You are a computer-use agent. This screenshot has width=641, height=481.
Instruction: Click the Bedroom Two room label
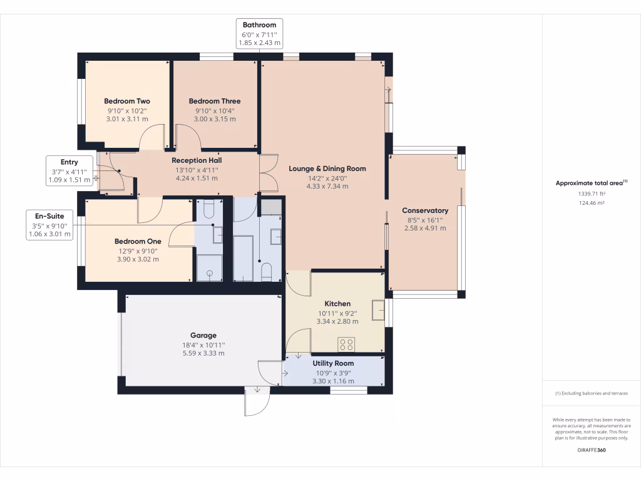pyautogui.click(x=127, y=101)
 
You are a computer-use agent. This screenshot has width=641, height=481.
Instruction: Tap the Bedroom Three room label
pyautogui.click(x=215, y=101)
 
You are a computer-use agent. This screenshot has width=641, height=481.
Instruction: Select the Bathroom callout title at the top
pyautogui.click(x=260, y=25)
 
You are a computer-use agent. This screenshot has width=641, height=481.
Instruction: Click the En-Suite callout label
pyautogui.click(x=50, y=216)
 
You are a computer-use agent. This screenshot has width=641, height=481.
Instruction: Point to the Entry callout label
pyautogui.click(x=69, y=162)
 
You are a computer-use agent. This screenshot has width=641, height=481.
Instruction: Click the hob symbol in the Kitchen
pyautogui.click(x=346, y=344)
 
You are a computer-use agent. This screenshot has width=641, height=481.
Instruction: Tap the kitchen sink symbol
pyautogui.click(x=377, y=309)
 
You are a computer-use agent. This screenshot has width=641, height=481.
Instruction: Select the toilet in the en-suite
pyautogui.click(x=209, y=208)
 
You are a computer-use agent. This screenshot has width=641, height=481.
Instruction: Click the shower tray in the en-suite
pyautogui.click(x=209, y=268)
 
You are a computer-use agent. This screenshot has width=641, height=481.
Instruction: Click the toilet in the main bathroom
pyautogui.click(x=266, y=271)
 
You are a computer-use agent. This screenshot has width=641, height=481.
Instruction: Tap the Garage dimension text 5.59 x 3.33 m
pyautogui.click(x=203, y=353)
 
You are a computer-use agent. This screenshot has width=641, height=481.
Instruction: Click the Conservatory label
pyautogui.click(x=425, y=211)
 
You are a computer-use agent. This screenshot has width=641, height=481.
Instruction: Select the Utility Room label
pyautogui.click(x=333, y=363)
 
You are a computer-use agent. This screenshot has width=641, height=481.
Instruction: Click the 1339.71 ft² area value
pyautogui.click(x=591, y=194)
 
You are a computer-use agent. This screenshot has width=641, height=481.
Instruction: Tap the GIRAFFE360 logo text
pyautogui.click(x=591, y=450)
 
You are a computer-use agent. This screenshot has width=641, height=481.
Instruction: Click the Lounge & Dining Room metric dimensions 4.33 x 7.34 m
pyautogui.click(x=327, y=186)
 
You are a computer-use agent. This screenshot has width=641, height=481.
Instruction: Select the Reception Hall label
pyautogui.click(x=197, y=160)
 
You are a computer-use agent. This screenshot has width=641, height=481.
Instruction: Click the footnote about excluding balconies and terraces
pyautogui.click(x=591, y=393)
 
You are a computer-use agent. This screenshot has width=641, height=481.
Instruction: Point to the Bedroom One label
pyautogui.click(x=138, y=242)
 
